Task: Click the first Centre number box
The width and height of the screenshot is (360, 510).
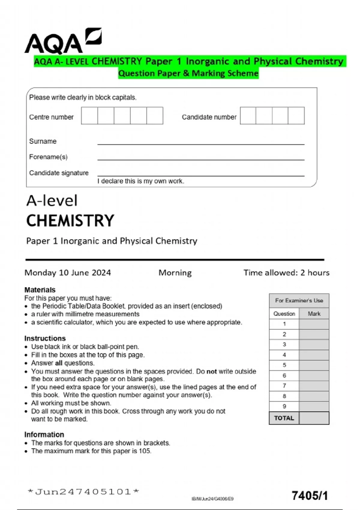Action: pyautogui.click(x=89, y=116)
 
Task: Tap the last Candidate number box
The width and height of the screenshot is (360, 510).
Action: pyautogui.click(x=296, y=116)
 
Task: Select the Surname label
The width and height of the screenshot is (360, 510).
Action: pyautogui.click(x=43, y=141)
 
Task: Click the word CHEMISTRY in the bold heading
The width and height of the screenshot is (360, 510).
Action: pyautogui.click(x=70, y=221)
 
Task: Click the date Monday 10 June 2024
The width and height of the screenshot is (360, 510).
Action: pyautogui.click(x=67, y=273)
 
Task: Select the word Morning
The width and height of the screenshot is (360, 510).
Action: pyautogui.click(x=175, y=273)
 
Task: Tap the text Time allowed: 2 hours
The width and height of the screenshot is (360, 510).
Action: pyautogui.click(x=286, y=273)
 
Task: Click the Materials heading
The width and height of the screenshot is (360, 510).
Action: pyautogui.click(x=40, y=290)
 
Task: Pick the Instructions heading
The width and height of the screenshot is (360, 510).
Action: pyautogui.click(x=45, y=338)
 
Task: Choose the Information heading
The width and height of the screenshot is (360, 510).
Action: pyautogui.click(x=44, y=435)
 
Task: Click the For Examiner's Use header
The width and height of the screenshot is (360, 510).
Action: pyautogui.click(x=299, y=301)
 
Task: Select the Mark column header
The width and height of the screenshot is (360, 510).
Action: pyautogui.click(x=314, y=314)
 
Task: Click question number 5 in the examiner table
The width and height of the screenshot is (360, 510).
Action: pyautogui.click(x=284, y=365)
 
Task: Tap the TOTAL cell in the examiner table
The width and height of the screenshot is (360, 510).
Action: pyautogui.click(x=284, y=418)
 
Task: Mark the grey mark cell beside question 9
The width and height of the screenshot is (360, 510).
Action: pyautogui.click(x=314, y=406)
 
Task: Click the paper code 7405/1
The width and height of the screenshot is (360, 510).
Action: pyautogui.click(x=310, y=496)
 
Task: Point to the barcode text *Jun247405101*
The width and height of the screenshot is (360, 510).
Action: pyautogui.click(x=83, y=492)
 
